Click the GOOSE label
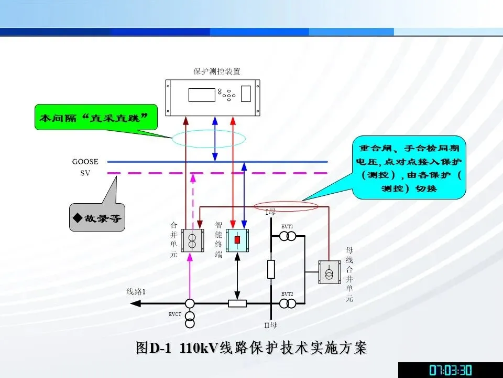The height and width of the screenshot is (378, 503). pyautogui.click(x=85, y=162)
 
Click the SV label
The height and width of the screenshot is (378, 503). pyautogui.click(x=85, y=173)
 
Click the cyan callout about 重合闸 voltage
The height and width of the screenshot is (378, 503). pyautogui.click(x=409, y=167)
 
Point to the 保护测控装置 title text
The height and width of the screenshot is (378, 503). pyautogui.click(x=213, y=71)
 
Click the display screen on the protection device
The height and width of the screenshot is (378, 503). pyautogui.click(x=202, y=95)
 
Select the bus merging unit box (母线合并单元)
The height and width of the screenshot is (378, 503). pyautogui.click(x=330, y=272)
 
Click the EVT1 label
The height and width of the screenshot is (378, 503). pyautogui.click(x=287, y=226)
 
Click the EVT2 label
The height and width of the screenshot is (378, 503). pyautogui.click(x=287, y=293)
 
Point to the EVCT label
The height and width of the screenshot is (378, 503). pyautogui.click(x=175, y=314)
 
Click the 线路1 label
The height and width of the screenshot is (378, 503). pyautogui.click(x=136, y=291)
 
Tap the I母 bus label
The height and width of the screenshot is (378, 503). pyautogui.click(x=270, y=212)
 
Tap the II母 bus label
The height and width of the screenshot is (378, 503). pyautogui.click(x=270, y=325)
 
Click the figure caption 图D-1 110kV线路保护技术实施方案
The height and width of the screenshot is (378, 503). pyautogui.click(x=251, y=348)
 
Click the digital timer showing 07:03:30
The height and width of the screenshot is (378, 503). pyautogui.click(x=450, y=370)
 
